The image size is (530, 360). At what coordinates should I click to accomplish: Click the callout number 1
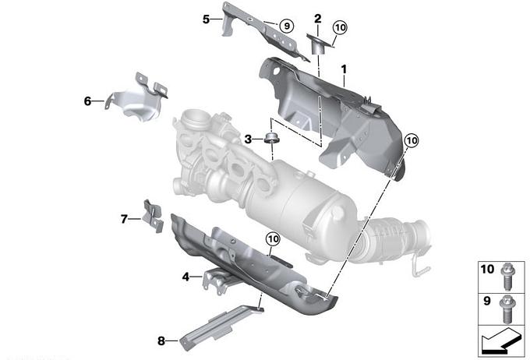344,69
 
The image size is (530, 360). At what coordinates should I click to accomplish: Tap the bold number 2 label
318,19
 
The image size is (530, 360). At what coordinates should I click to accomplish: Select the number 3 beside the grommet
248,139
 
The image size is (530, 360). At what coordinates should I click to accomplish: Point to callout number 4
185,277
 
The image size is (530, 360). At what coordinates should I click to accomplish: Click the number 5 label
207,19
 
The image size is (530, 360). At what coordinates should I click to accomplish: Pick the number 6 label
87,101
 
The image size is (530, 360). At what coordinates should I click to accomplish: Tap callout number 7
124,220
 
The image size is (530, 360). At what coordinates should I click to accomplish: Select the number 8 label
161,341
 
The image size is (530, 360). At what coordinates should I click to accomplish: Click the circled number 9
287,26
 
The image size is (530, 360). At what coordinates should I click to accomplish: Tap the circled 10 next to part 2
341,27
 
